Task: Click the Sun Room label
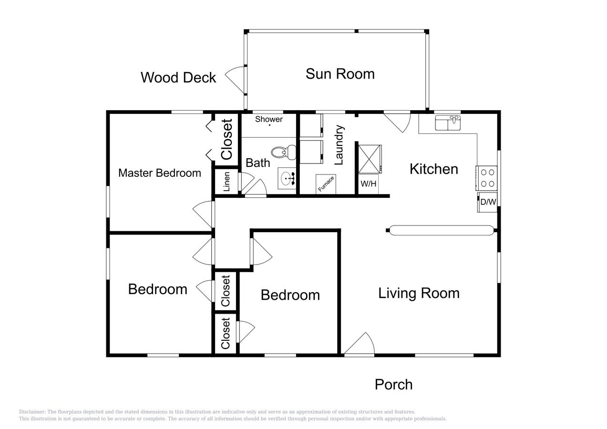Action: [x=340, y=74]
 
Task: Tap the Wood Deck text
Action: [x=178, y=77]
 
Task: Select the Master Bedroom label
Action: [x=160, y=173]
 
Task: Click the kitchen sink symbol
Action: [x=448, y=123]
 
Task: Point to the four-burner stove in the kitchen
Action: [x=487, y=178]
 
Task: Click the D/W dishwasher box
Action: [x=488, y=202]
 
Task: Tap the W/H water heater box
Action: [x=369, y=184]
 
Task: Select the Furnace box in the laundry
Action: [x=326, y=184]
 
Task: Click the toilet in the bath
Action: [x=284, y=152]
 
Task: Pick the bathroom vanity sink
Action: [x=287, y=178]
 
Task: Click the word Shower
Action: [x=269, y=119]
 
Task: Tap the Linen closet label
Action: [x=227, y=182]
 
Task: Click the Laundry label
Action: [x=339, y=145]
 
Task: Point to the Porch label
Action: [x=393, y=385]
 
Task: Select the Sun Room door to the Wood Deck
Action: [x=236, y=80]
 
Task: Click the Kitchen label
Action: [x=434, y=169]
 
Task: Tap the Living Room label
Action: [x=419, y=293]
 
